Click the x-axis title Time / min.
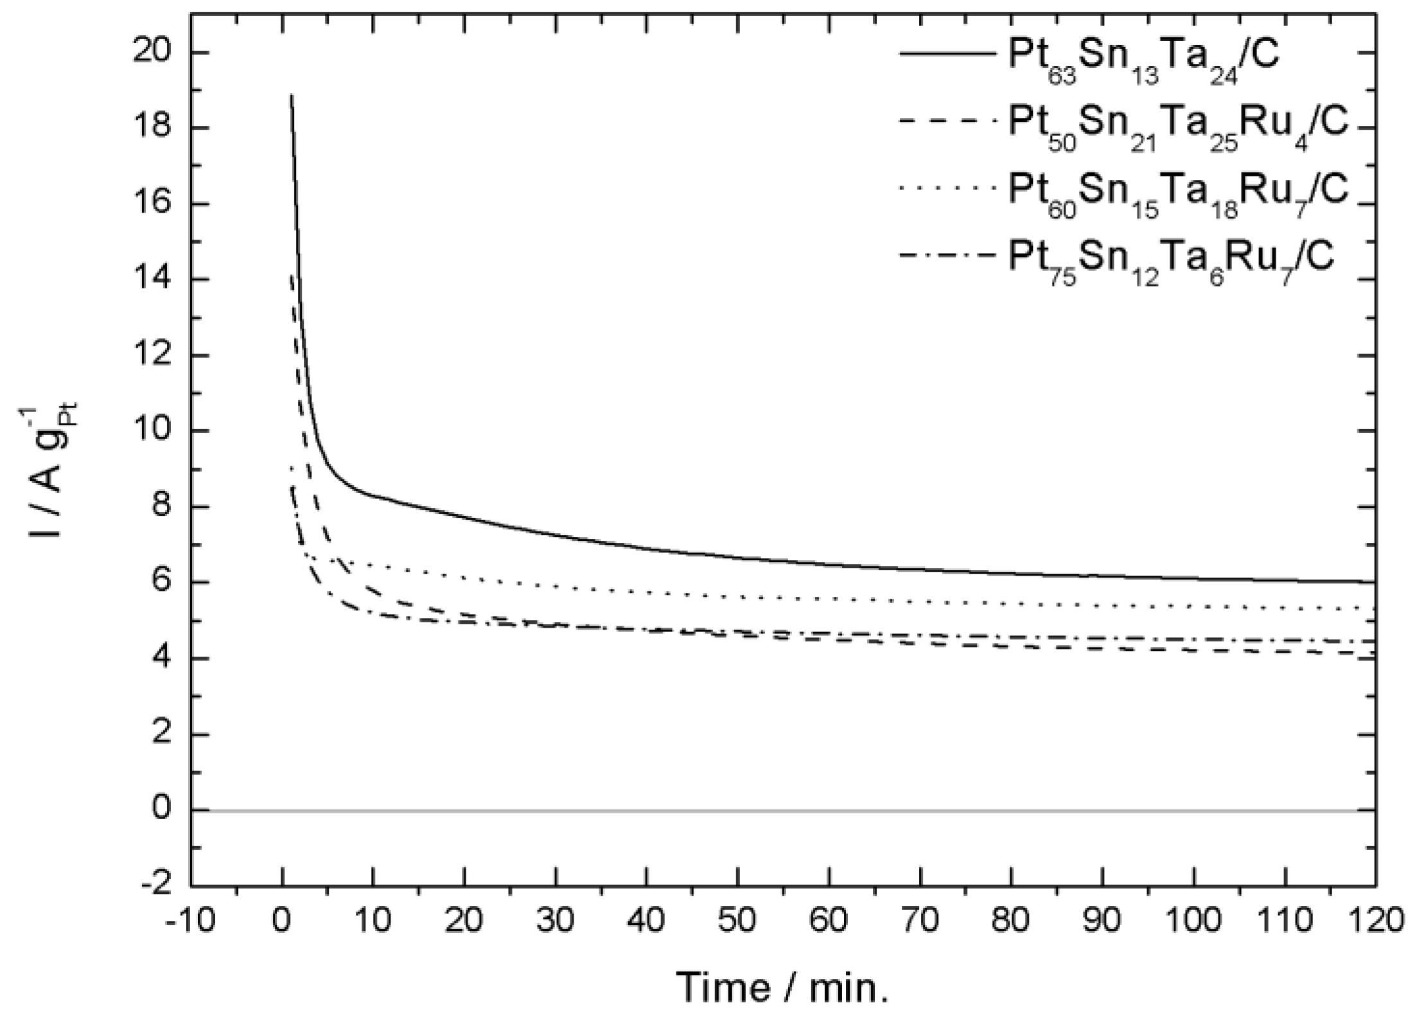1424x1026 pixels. tap(783, 987)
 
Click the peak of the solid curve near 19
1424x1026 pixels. tap(292, 95)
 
